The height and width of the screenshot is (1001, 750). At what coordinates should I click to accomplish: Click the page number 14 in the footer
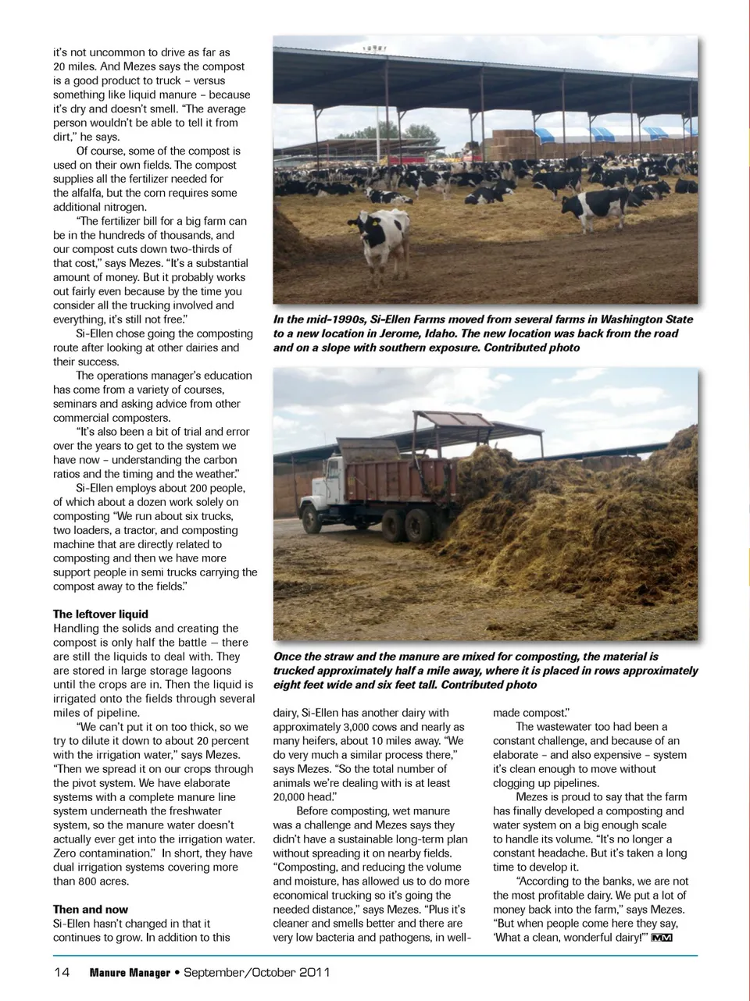(62, 972)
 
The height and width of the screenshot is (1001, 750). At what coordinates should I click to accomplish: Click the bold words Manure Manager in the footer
(130, 972)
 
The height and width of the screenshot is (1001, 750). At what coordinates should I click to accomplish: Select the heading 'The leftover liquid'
(101, 614)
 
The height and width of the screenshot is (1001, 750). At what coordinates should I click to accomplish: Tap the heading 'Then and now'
(91, 910)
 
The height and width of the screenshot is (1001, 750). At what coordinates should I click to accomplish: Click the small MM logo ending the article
(662, 938)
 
